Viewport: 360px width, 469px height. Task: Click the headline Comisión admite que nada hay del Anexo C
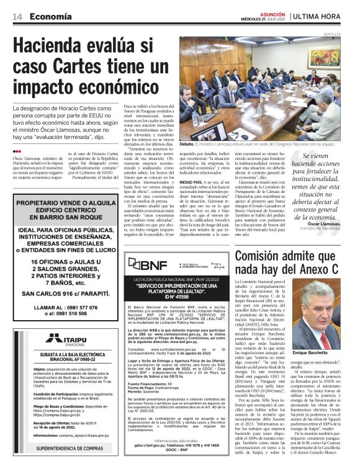(x=286, y=261)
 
